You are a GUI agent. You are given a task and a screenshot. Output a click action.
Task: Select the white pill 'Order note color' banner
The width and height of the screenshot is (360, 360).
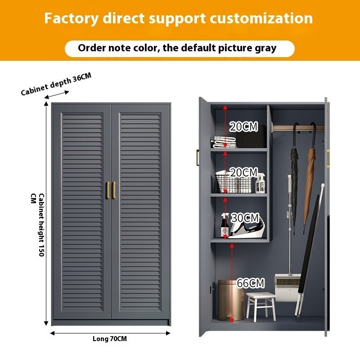180,48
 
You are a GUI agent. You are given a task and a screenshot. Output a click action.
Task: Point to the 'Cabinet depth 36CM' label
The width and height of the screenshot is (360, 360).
56,84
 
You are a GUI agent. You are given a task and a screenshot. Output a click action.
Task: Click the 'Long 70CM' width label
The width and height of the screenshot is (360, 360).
110,339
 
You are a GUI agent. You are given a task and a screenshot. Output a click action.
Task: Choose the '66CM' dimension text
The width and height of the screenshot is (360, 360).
250,283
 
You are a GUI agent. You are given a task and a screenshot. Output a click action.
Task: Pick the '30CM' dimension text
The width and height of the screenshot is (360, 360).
245,218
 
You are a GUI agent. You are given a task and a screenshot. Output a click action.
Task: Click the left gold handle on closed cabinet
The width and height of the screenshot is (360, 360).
108,190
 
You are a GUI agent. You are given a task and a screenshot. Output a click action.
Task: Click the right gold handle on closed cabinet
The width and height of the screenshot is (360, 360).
114,190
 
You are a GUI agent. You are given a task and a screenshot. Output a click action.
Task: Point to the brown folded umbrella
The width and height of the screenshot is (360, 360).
310,180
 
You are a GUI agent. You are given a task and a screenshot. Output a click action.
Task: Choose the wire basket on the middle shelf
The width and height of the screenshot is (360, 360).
233,182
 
